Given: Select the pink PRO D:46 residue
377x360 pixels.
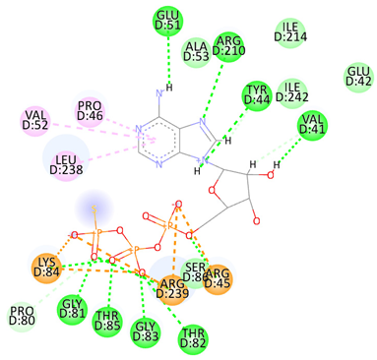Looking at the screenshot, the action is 90,112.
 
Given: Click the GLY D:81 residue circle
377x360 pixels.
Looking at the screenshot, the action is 71,310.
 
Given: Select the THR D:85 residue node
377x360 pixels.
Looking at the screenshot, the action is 106,321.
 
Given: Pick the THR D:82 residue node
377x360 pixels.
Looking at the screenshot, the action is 193,339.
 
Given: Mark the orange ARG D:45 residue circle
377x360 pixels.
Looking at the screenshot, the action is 218,278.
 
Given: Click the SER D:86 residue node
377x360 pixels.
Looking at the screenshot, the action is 196,270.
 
